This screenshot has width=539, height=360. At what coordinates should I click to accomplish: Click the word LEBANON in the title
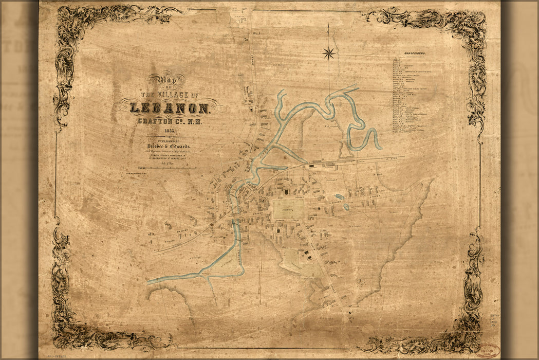pos(170,109)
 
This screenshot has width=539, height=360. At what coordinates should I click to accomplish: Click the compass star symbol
pos(329,52)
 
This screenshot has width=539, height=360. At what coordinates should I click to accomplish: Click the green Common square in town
pos(288,209)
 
